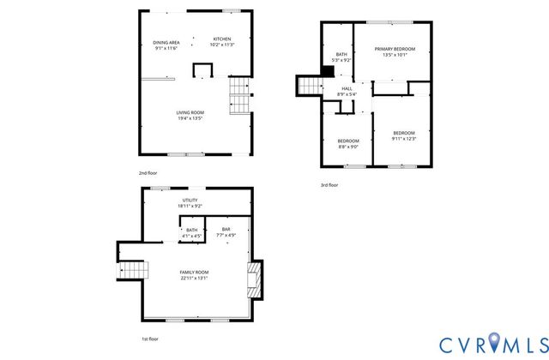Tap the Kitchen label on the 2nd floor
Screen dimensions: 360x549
click(x=222, y=39)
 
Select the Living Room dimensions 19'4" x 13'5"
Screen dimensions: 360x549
click(x=190, y=117)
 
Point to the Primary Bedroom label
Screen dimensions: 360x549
click(x=395, y=49)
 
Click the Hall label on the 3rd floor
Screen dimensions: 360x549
click(x=347, y=88)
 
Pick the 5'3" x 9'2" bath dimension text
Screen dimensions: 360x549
click(x=341, y=60)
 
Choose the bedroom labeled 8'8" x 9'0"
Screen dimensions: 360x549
click(x=347, y=147)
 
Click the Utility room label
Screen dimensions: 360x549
click(x=190, y=200)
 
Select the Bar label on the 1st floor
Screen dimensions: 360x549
click(x=226, y=229)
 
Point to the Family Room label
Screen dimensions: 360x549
click(x=195, y=273)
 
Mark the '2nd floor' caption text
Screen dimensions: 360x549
click(x=148, y=173)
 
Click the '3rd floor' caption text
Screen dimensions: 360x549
click(x=329, y=184)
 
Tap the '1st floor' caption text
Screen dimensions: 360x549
click(x=149, y=339)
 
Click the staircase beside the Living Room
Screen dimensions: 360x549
click(x=239, y=96)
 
